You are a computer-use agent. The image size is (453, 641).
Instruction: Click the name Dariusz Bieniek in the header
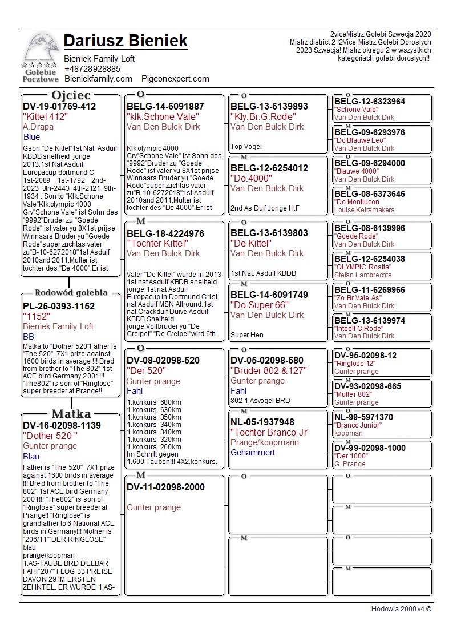[126, 41]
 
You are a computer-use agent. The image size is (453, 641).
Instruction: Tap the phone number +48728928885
[92, 69]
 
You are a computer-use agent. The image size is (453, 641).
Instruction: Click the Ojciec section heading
[71, 95]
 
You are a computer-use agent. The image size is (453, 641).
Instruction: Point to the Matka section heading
[71, 414]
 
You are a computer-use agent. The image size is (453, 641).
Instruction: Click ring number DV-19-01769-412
[59, 107]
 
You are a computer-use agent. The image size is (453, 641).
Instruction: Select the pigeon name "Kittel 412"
[46, 117]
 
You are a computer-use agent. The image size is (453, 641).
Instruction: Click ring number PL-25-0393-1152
[59, 307]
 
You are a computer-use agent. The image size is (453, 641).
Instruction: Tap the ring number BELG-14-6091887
[165, 107]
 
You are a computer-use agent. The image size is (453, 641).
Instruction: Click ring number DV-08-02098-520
[163, 361]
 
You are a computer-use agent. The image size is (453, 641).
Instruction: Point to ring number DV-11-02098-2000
[165, 487]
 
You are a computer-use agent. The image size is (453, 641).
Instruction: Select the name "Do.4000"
[252, 178]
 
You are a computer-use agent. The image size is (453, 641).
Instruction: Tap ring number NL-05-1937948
[262, 422]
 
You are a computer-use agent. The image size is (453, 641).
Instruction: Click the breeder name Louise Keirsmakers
[364, 210]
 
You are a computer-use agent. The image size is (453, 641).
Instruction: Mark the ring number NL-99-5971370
[363, 418]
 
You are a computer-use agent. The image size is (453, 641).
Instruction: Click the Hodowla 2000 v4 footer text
[401, 609]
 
